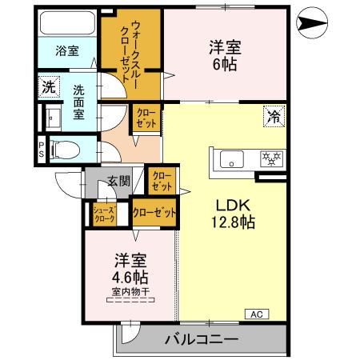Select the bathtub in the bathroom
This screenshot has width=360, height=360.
[67, 23]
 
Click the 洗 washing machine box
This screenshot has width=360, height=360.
[48, 86]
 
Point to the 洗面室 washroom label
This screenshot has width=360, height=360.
[79, 101]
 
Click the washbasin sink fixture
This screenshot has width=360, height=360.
[53, 119]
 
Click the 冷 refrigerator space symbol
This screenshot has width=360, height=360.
[274, 117]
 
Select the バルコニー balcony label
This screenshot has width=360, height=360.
[202, 339]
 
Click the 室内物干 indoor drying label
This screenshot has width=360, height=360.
[129, 292]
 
